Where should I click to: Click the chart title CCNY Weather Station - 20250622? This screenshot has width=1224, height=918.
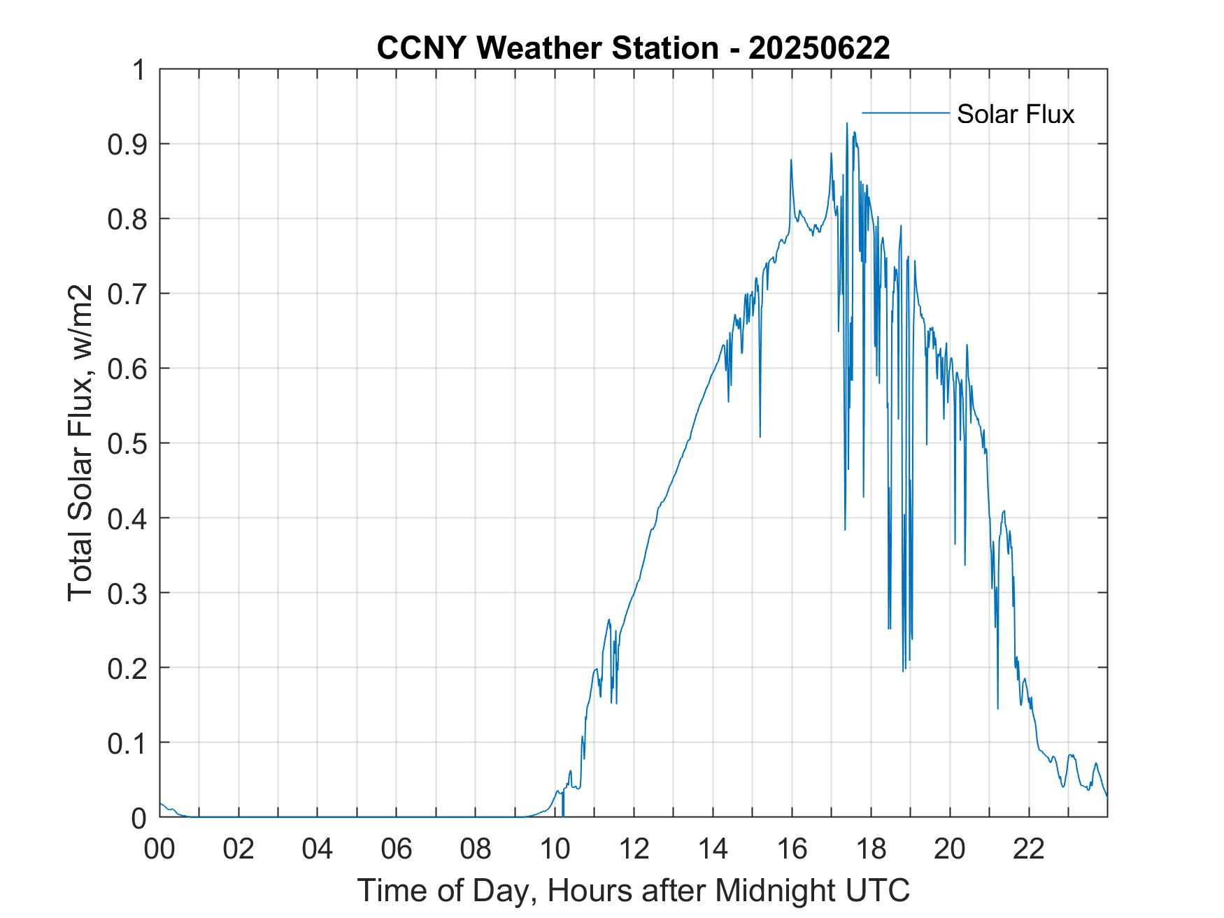633,48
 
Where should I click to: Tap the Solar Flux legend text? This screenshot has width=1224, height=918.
1015,114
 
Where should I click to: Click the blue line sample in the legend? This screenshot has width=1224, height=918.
905,113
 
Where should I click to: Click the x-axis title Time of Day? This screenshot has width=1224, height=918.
633,890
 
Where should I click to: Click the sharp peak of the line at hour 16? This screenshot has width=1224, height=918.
791,160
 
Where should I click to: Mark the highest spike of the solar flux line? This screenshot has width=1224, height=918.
847,124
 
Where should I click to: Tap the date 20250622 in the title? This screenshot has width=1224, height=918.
819,48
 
